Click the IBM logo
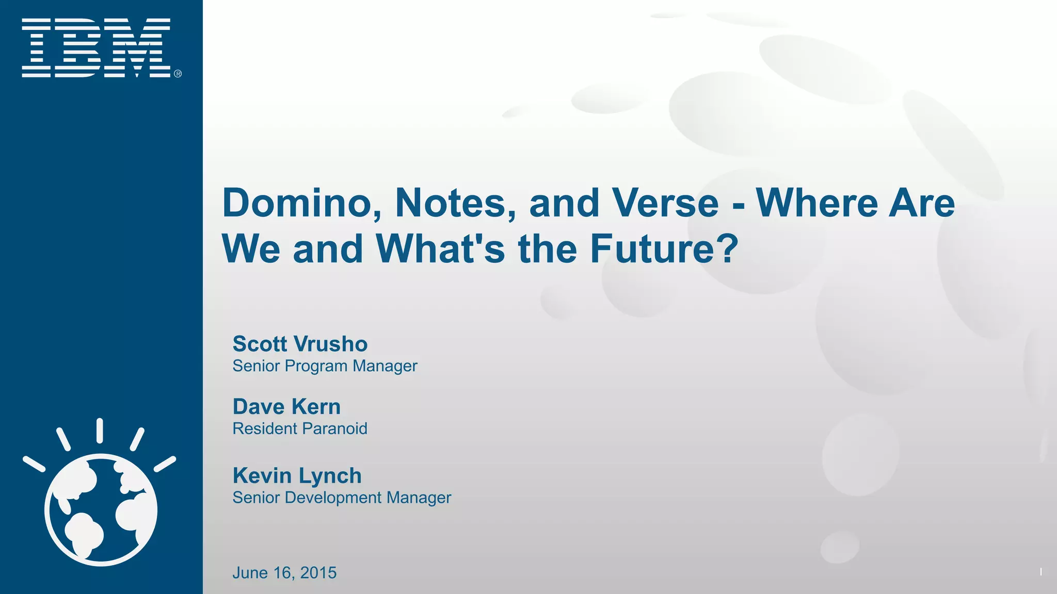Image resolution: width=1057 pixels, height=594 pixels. click(96, 47)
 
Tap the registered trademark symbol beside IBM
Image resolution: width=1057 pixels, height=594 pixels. click(178, 74)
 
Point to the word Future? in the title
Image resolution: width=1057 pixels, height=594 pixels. click(664, 249)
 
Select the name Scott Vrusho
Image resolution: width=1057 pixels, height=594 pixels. click(300, 344)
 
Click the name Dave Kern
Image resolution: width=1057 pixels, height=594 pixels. click(286, 407)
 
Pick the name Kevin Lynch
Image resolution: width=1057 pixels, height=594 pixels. click(297, 475)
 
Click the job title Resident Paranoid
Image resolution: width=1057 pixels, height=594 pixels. click(300, 428)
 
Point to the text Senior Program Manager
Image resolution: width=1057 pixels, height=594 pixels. click(325, 366)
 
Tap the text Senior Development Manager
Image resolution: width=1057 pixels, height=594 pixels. click(342, 498)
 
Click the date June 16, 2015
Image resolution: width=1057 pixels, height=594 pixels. click(284, 573)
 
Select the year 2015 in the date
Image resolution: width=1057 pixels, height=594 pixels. click(318, 573)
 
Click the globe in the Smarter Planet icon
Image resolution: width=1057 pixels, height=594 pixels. click(101, 509)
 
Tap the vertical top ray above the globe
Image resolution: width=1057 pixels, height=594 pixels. click(100, 431)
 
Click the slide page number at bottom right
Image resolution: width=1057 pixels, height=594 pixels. click(1040, 571)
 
